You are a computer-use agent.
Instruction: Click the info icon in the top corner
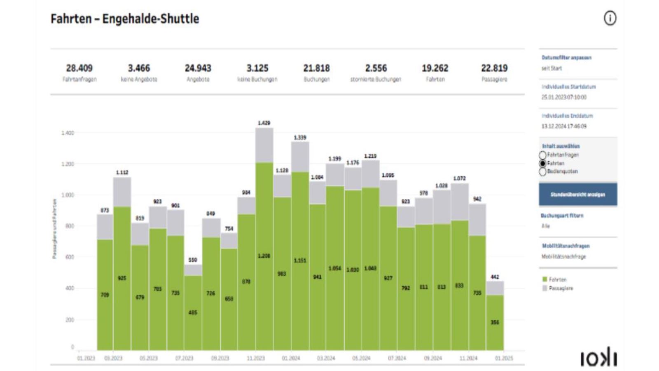610,18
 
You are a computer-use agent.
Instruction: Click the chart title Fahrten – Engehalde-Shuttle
125,19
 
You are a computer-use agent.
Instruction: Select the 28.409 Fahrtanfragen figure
79,68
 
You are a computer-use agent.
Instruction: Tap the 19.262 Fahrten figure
435,68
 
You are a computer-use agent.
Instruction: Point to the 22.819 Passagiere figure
494,68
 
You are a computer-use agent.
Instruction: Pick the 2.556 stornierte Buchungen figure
376,68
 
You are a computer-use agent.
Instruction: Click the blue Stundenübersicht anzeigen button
578,194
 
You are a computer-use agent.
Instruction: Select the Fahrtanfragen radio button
543,155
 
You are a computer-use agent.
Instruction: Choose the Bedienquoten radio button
543,171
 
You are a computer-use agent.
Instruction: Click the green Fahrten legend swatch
544,279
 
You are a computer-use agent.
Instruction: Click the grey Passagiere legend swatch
544,288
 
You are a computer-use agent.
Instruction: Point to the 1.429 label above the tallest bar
264,123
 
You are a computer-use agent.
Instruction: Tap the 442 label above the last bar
495,277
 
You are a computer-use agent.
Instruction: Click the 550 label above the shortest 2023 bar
193,260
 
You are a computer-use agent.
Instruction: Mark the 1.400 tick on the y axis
68,133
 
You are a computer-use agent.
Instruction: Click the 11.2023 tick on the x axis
255,358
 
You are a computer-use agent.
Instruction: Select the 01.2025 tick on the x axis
504,358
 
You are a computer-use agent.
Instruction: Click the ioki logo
598,358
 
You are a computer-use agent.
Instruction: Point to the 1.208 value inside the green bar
264,256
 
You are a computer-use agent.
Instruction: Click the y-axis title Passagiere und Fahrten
54,229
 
